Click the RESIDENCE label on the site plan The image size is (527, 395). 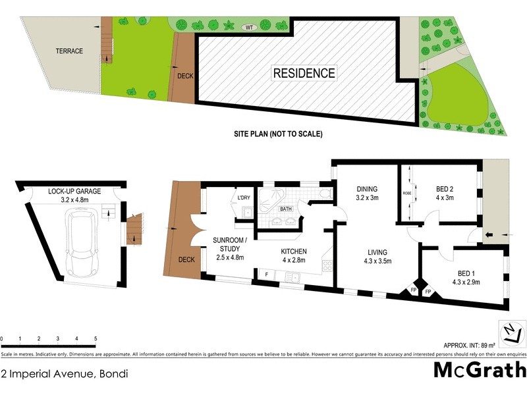click(x=304, y=73)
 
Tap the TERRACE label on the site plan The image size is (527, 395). click(x=69, y=51)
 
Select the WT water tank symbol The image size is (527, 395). click(x=248, y=27)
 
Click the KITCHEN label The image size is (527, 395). click(x=294, y=252)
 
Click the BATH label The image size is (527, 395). click(x=285, y=209)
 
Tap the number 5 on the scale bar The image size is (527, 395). click(x=96, y=338)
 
